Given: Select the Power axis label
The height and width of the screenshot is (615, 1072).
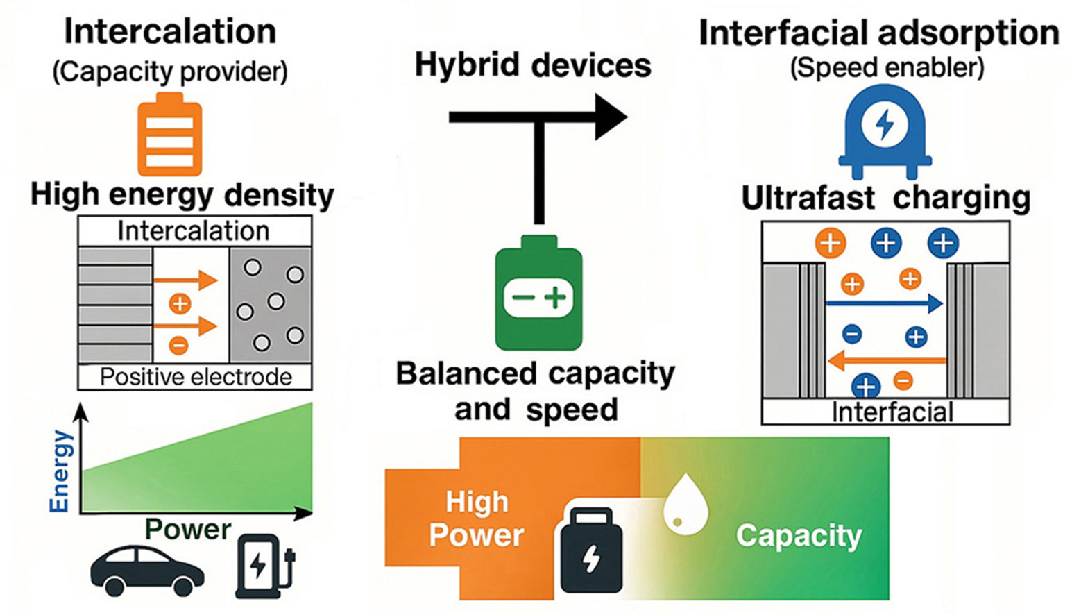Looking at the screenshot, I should (x=188, y=529).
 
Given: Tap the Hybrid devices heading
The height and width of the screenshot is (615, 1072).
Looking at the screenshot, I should (x=533, y=65).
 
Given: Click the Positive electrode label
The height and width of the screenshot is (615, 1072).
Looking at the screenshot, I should (x=196, y=377).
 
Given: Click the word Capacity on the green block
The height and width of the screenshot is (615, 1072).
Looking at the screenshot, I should (x=799, y=536).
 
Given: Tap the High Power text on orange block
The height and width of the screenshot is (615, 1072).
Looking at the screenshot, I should (x=477, y=519).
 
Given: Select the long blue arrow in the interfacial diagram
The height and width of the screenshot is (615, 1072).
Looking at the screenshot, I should (x=883, y=303).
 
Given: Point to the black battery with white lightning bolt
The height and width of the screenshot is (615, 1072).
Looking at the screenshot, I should (x=591, y=551).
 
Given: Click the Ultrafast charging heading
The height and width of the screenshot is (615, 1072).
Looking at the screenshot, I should (x=885, y=198).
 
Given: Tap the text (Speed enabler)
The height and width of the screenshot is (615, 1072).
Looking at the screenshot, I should (x=887, y=68).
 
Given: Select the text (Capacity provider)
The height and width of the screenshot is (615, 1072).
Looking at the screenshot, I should (x=170, y=71).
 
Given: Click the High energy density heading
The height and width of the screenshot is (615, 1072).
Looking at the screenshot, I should (x=182, y=195).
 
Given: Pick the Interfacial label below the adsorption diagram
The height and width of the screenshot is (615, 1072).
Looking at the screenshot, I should (x=892, y=412).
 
